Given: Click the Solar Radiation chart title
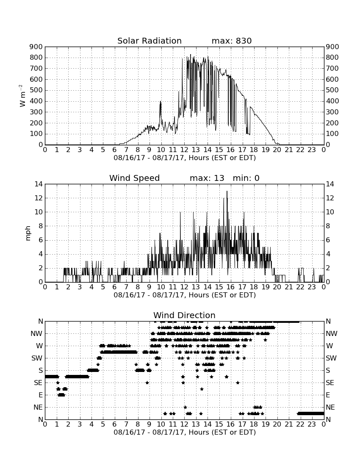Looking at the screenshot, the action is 150,41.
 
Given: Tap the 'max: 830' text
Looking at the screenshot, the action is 232,41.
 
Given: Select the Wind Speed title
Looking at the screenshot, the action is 135,178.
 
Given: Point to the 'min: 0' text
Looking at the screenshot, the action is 246,178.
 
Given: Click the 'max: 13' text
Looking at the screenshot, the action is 207,178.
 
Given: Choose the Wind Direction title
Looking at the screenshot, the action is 184,315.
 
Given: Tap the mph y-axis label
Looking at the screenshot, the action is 28,233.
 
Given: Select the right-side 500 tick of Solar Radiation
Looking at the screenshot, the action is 332,90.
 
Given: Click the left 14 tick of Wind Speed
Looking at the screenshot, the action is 39,184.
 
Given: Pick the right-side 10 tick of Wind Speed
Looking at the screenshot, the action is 330,212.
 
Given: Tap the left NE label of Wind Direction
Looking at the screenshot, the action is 38,407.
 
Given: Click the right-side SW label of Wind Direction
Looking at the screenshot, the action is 331,358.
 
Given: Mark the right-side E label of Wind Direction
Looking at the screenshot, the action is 328,395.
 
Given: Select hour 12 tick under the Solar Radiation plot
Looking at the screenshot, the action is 184,150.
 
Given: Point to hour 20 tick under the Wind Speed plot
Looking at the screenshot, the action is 277,287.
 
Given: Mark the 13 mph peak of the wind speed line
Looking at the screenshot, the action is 227,191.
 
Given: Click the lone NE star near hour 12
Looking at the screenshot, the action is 186,407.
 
